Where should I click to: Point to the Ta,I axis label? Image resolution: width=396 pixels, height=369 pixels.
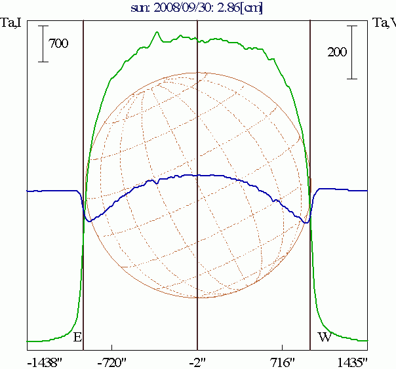click(x=12, y=24)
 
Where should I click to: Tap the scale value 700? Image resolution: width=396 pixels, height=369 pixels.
click(x=59, y=44)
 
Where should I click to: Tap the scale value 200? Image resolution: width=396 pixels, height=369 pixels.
click(x=337, y=53)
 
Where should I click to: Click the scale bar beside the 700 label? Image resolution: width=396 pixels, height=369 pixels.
click(x=43, y=44)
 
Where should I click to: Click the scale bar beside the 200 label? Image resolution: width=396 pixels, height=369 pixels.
click(x=352, y=52)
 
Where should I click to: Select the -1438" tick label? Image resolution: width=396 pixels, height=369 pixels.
click(x=45, y=362)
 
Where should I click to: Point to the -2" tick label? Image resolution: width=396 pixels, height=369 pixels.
click(x=197, y=362)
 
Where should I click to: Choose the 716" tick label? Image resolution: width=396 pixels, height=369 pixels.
click(x=282, y=362)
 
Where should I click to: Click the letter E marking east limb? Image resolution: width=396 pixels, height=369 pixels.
click(x=77, y=338)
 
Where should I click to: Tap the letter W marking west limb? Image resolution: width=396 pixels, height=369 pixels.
click(x=324, y=338)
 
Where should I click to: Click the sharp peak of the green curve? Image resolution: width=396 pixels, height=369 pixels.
click(x=157, y=32)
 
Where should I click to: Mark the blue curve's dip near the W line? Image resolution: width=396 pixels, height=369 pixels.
click(x=305, y=223)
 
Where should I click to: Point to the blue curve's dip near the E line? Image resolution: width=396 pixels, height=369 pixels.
click(x=90, y=221)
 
